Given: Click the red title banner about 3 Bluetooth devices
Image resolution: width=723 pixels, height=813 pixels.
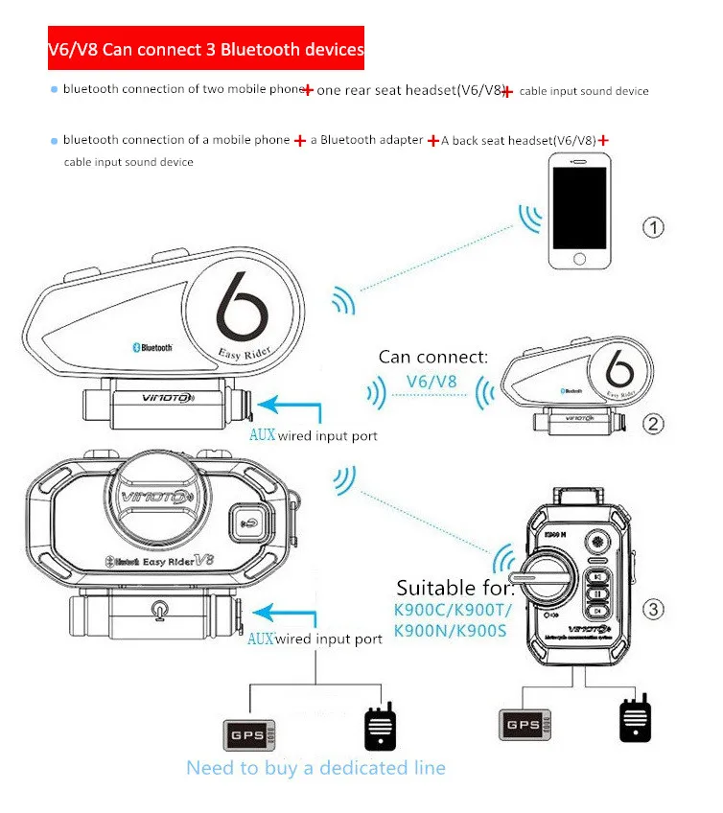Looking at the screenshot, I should pyautogui.click(x=207, y=48).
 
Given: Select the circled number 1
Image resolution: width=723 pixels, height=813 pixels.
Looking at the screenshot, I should pyautogui.click(x=653, y=227).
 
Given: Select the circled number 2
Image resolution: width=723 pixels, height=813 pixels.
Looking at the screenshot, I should pyautogui.click(x=653, y=423).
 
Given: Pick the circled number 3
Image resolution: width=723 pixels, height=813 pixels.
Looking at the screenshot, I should pyautogui.click(x=653, y=608).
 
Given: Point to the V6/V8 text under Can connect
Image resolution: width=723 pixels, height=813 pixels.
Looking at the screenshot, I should pyautogui.click(x=431, y=381).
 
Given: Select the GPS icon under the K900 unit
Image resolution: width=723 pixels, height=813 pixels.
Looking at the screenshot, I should pyautogui.click(x=523, y=725).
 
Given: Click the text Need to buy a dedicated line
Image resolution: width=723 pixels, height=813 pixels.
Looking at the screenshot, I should pyautogui.click(x=315, y=768).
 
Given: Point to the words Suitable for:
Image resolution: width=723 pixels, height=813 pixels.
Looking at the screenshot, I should pyautogui.click(x=455, y=587).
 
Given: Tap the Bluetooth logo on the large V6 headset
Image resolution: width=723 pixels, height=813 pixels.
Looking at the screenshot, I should pyautogui.click(x=152, y=347).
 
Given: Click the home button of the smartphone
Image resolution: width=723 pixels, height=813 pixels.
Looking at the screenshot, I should pyautogui.click(x=578, y=260).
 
